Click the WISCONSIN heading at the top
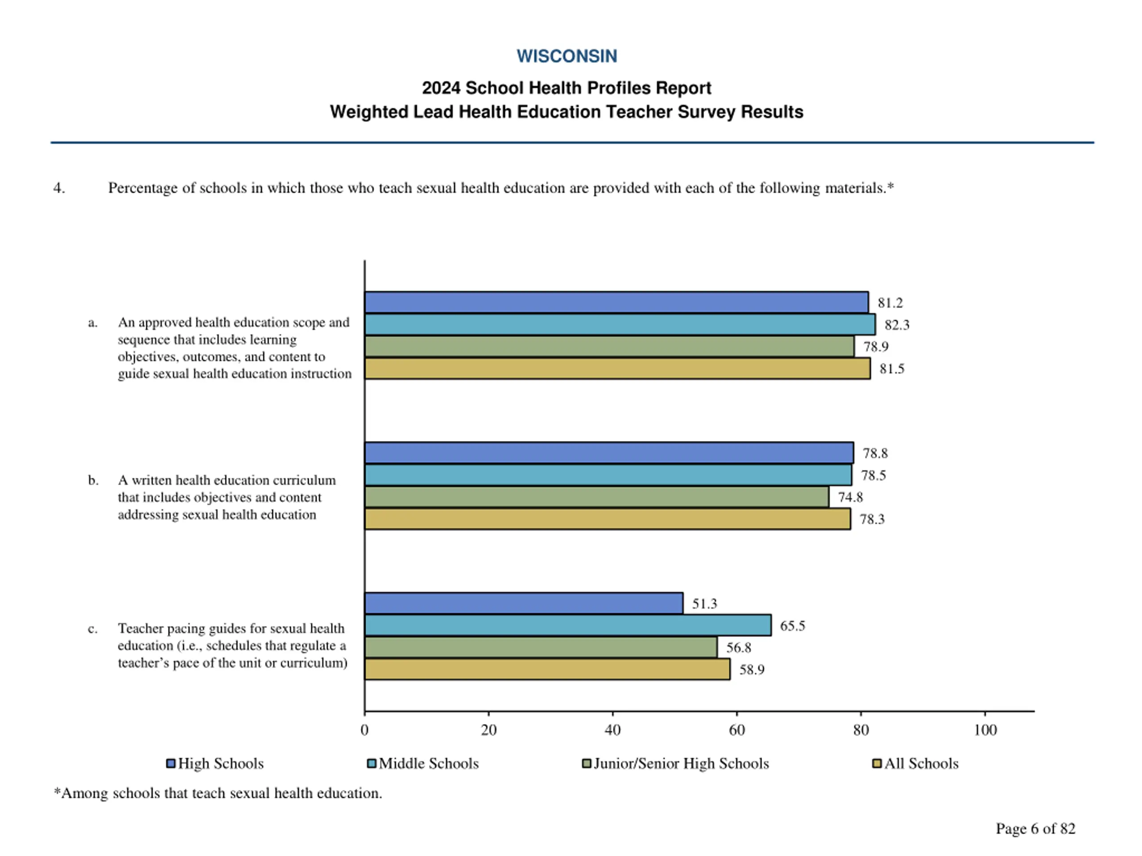click(x=567, y=56)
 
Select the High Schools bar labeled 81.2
click(x=616, y=302)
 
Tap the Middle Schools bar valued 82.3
click(x=620, y=325)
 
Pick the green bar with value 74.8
click(x=596, y=497)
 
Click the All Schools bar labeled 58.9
click(x=547, y=669)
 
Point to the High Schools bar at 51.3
click(x=524, y=603)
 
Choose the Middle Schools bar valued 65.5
click(x=567, y=626)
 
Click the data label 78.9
click(x=876, y=347)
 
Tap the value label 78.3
click(x=872, y=519)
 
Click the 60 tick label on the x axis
click(x=737, y=730)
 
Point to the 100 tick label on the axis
click(x=985, y=730)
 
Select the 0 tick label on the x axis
click(x=364, y=730)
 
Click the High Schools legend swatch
click(x=170, y=763)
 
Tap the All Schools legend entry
click(x=915, y=763)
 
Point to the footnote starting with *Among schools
click(x=218, y=793)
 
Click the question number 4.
click(x=59, y=188)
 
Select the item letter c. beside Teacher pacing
click(x=92, y=629)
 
